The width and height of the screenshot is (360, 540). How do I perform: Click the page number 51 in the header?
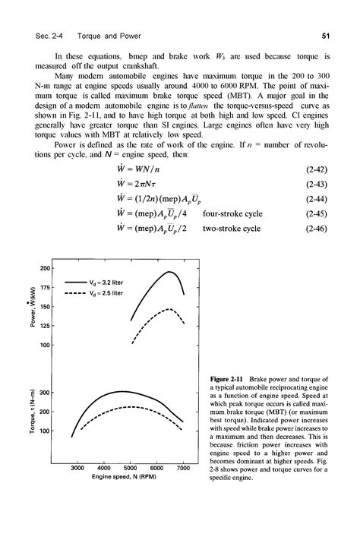pyautogui.click(x=324, y=36)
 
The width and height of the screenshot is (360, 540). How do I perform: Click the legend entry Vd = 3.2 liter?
pyautogui.click(x=111, y=282)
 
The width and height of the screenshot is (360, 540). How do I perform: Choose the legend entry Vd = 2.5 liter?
pyautogui.click(x=111, y=292)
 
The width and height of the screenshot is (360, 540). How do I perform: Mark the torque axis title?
pyautogui.click(x=25, y=412)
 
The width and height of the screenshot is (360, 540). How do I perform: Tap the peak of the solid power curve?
pyautogui.click(x=171, y=272)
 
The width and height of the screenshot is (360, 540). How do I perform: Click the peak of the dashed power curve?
pyautogui.click(x=171, y=309)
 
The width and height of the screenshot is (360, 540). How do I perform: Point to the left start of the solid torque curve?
pyautogui.click(x=71, y=437)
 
